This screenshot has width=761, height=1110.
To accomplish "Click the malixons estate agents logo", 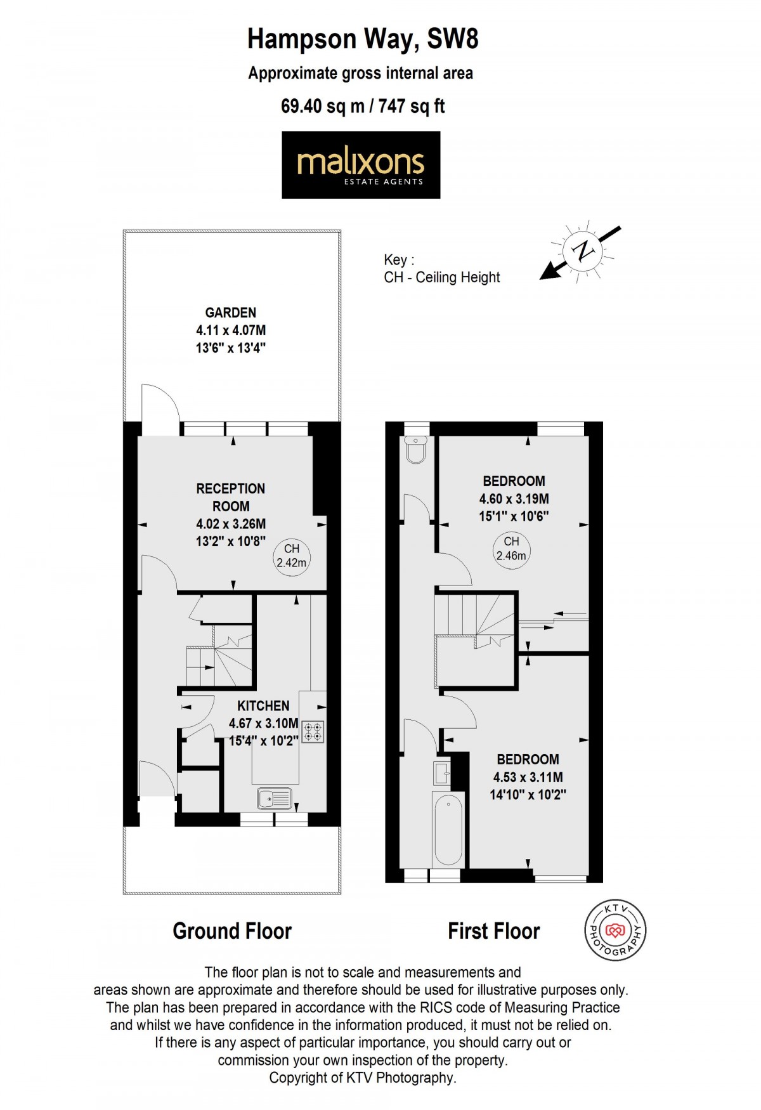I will pyautogui.click(x=361, y=165).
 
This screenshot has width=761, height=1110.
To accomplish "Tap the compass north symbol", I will pyautogui.click(x=582, y=251).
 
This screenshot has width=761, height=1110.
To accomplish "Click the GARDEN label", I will pyautogui.click(x=231, y=312).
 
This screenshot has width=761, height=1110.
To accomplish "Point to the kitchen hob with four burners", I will pyautogui.click(x=313, y=731).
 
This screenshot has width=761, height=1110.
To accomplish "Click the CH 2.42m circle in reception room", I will pyautogui.click(x=291, y=556).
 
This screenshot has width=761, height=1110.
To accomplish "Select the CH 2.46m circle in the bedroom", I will pyautogui.click(x=511, y=548).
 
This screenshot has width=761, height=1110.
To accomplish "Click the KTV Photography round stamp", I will pyautogui.click(x=614, y=930).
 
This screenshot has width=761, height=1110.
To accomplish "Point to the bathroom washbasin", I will pyautogui.click(x=442, y=773).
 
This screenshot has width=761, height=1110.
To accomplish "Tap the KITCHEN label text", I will pyautogui.click(x=263, y=705).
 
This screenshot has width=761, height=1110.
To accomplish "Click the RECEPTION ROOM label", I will pyautogui.click(x=231, y=497).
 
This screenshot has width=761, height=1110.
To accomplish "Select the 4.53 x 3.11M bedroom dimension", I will pyautogui.click(x=528, y=777).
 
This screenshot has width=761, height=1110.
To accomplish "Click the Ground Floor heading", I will pyautogui.click(x=232, y=930).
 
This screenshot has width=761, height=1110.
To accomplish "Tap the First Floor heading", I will pyautogui.click(x=493, y=930).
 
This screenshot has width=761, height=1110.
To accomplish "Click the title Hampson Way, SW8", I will pyautogui.click(x=363, y=39).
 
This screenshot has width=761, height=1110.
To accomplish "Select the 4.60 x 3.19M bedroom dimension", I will pyautogui.click(x=514, y=499).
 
